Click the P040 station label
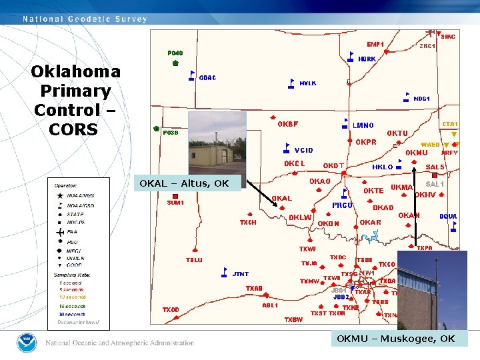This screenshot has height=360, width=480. [x=175, y=53]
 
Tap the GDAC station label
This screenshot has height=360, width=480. [x=207, y=78]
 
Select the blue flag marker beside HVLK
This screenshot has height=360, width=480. [x=291, y=83]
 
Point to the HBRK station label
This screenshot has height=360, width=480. [x=367, y=59]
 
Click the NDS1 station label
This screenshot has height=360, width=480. [x=421, y=99]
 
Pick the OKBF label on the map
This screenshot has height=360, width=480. [x=288, y=124]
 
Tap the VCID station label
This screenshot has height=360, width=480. [x=303, y=151]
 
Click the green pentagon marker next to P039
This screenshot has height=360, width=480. [x=157, y=128]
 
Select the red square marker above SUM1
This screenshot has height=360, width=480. [x=175, y=196]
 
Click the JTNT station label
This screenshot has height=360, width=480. [x=240, y=274]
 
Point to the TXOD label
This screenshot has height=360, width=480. [x=171, y=310]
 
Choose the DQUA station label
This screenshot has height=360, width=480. [x=448, y=216]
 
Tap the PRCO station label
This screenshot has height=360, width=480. [x=343, y=205]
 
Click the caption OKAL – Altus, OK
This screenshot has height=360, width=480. [x=186, y=183]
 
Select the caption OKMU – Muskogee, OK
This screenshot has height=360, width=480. [x=396, y=339]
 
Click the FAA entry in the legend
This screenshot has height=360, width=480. [x=72, y=233]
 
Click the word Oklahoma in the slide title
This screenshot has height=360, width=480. [x=75, y=72]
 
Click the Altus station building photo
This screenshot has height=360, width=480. [x=217, y=143]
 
